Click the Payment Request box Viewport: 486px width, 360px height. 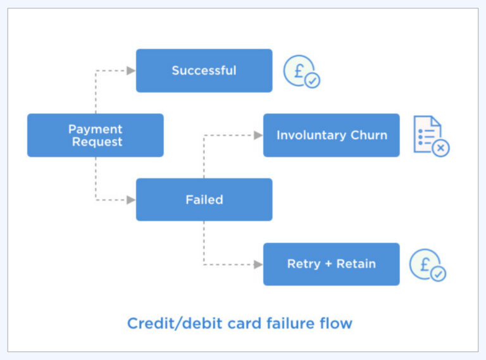pyautogui.click(x=95, y=135)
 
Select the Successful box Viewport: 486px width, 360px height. pyautogui.click(x=204, y=71)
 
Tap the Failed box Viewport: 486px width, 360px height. pyautogui.click(x=204, y=200)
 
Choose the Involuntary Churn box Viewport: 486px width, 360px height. pyautogui.click(x=331, y=135)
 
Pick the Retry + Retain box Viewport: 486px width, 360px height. pyautogui.click(x=331, y=264)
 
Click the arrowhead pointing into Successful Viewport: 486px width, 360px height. pyautogui.click(x=131, y=71)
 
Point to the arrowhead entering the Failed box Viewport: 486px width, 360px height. pyautogui.click(x=131, y=200)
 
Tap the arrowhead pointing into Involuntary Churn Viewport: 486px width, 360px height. pyautogui.click(x=258, y=135)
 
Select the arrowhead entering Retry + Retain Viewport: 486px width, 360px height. pyautogui.click(x=258, y=264)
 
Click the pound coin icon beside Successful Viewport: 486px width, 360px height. pyautogui.click(x=299, y=70)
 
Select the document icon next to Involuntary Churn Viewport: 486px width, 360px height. pyautogui.click(x=427, y=133)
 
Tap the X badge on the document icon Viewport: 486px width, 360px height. pyautogui.click(x=440, y=148)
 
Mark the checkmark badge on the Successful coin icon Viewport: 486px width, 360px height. pyautogui.click(x=312, y=81)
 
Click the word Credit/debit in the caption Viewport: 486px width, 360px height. pyautogui.click(x=168, y=324)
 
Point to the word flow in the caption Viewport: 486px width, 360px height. pyautogui.click(x=335, y=324)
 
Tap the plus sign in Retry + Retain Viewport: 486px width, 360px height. pyautogui.click(x=327, y=264)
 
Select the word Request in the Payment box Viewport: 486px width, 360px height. pyautogui.click(x=96, y=142)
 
